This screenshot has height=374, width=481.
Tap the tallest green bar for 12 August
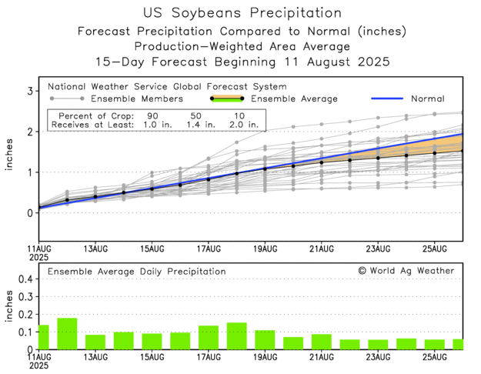67,334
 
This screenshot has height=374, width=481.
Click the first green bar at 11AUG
43,337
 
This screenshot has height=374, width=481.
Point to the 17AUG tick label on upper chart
208,249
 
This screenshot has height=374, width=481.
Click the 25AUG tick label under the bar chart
435,357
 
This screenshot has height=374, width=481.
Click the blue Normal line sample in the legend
390,99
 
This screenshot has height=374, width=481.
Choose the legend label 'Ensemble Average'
291,99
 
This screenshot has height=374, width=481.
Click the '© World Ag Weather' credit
406,271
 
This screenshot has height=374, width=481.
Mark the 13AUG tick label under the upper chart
95,249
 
